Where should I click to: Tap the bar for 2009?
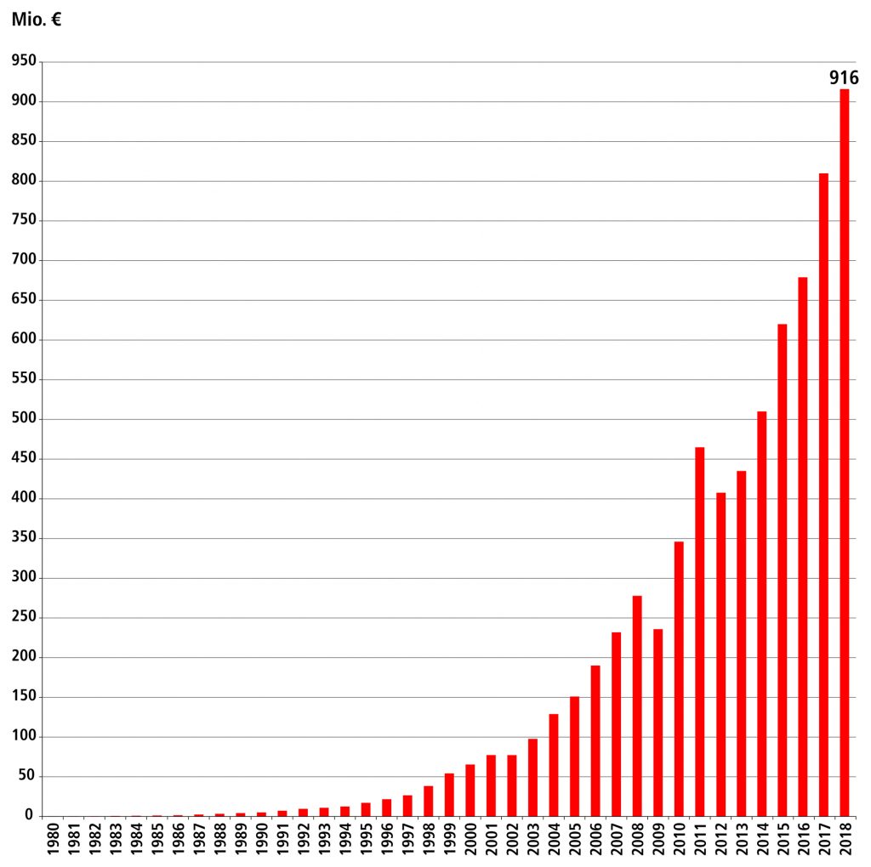[x=658, y=722]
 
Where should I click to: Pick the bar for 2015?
[x=782, y=569]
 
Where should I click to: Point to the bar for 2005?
[x=574, y=756]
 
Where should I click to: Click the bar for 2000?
[x=470, y=790]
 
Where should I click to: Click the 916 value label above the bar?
[x=844, y=78]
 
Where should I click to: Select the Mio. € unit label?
[x=36, y=20]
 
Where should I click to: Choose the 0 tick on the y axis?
[x=29, y=816]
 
